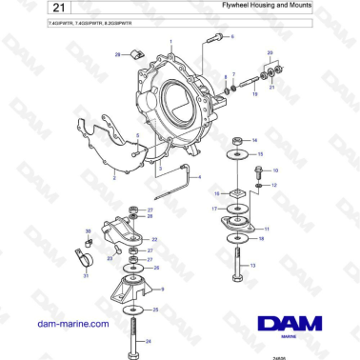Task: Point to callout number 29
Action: [117, 55]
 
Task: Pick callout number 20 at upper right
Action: [270, 53]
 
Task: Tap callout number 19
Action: [255, 94]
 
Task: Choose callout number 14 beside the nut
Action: [254, 140]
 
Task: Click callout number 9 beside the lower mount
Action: [163, 289]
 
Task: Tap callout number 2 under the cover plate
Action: [113, 177]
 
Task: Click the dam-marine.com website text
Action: [69, 324]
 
